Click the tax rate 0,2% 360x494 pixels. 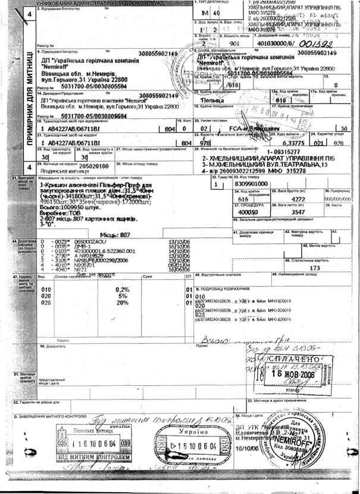pyautogui.click(x=121, y=289)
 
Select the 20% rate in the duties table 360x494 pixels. pyautogui.click(x=122, y=302)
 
